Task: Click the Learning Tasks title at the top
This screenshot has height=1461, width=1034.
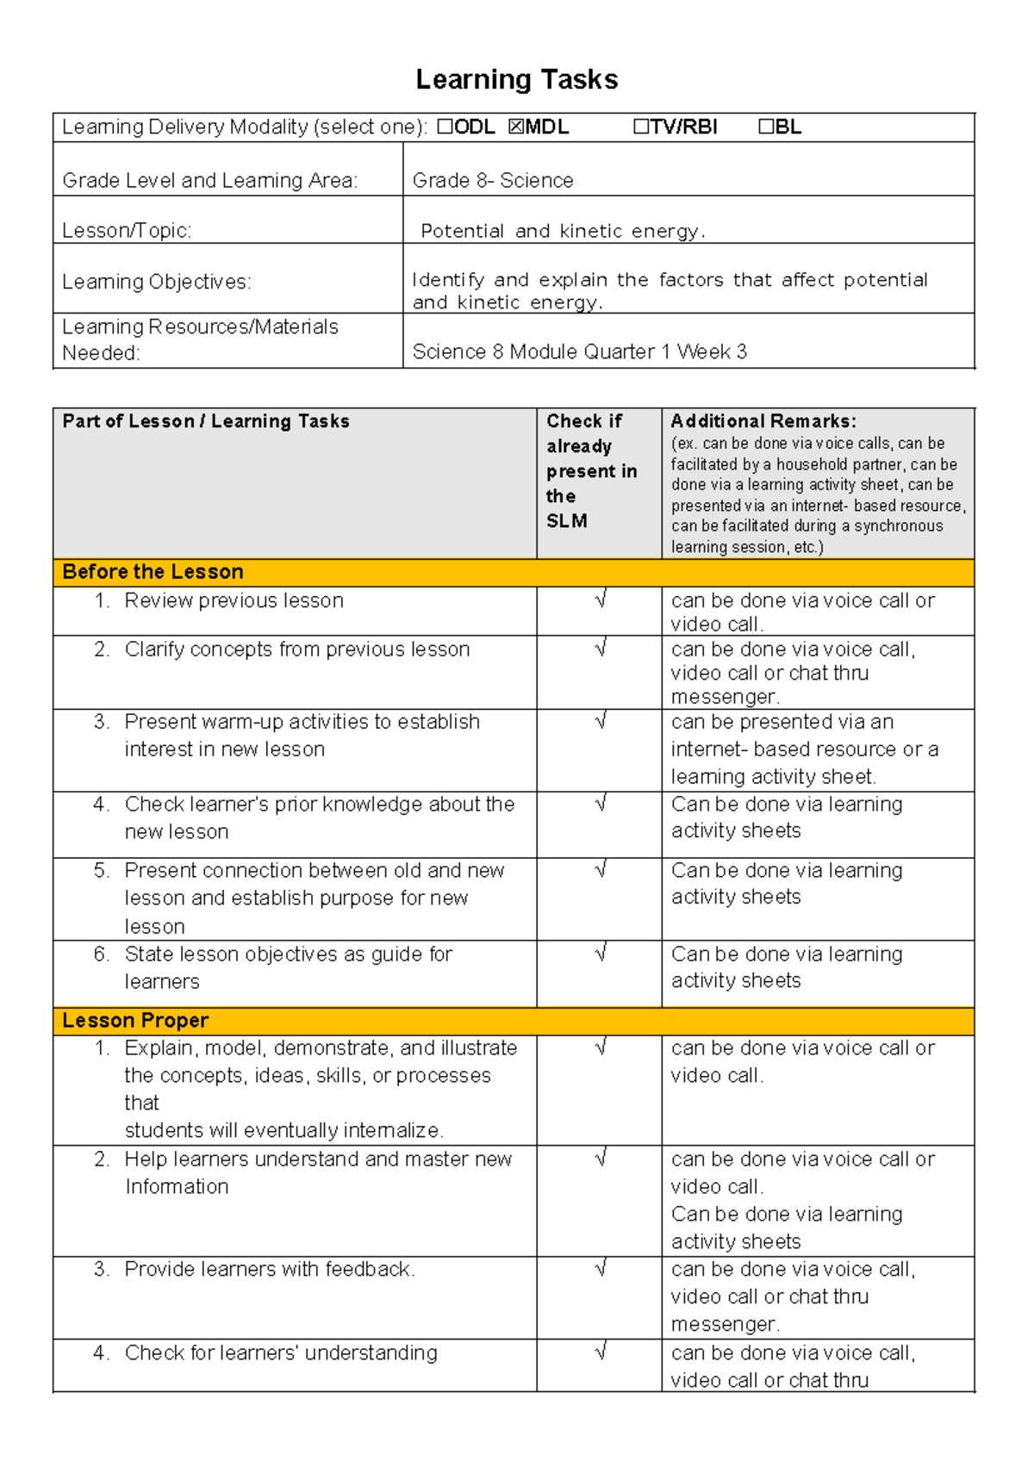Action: (x=516, y=79)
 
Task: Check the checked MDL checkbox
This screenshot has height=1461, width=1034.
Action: (x=515, y=127)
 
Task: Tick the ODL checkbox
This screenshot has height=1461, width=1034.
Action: (x=445, y=127)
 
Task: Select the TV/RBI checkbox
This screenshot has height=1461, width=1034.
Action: (x=640, y=127)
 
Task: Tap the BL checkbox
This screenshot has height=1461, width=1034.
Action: (x=766, y=127)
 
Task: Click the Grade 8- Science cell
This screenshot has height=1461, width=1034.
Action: (x=492, y=180)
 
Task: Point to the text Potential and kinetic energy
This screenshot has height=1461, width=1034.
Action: (x=562, y=231)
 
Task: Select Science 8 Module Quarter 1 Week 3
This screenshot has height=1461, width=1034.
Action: (x=579, y=351)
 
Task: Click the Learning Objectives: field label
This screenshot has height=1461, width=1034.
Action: (x=157, y=282)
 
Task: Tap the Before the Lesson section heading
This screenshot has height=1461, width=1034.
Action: (x=153, y=572)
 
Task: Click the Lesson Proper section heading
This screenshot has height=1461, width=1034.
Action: (x=135, y=1021)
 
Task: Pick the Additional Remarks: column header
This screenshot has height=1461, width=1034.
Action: (x=763, y=421)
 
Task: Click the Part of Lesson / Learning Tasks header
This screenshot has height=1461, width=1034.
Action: (x=206, y=421)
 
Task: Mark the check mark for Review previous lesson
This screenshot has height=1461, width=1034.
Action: (x=601, y=600)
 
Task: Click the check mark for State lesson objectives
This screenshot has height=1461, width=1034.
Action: (x=601, y=953)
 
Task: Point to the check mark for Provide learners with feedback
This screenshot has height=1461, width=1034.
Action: (x=601, y=1268)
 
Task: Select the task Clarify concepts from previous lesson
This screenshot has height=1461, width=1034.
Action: (x=296, y=650)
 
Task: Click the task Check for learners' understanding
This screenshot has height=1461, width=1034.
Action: (x=280, y=1352)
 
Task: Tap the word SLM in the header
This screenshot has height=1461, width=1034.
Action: (x=566, y=521)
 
